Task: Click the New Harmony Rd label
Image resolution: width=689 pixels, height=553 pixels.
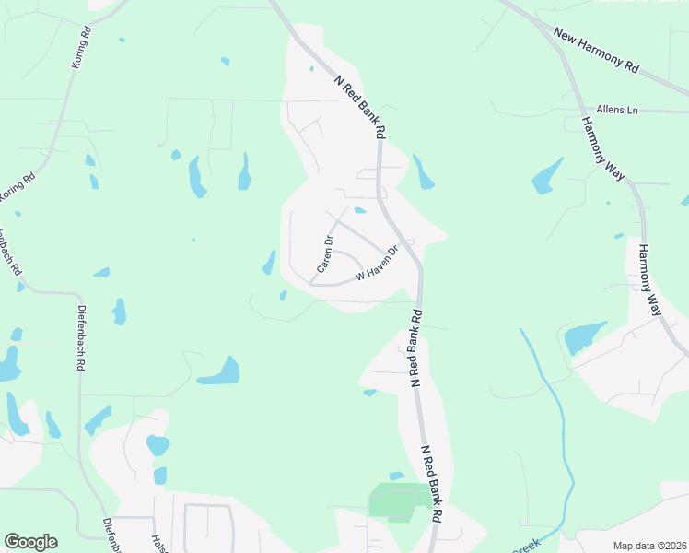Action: point(596,50)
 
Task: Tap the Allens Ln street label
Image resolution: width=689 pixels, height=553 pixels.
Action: point(616,110)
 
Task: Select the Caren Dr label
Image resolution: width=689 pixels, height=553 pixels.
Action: point(324,253)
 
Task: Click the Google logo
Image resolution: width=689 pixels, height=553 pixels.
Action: point(30,542)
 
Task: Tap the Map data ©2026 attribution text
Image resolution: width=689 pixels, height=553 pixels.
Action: point(649,546)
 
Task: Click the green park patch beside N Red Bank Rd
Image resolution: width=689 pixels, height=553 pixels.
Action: point(399,500)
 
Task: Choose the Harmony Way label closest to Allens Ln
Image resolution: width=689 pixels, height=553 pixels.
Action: point(602,147)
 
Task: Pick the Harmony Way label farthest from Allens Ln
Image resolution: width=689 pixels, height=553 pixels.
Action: point(651,279)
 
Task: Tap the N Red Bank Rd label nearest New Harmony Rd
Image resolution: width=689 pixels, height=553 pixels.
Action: point(360,106)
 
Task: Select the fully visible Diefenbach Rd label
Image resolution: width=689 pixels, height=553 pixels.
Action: point(81,338)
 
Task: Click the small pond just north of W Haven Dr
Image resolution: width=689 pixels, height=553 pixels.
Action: point(360,210)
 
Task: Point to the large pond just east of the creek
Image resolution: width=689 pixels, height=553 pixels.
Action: point(584,337)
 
